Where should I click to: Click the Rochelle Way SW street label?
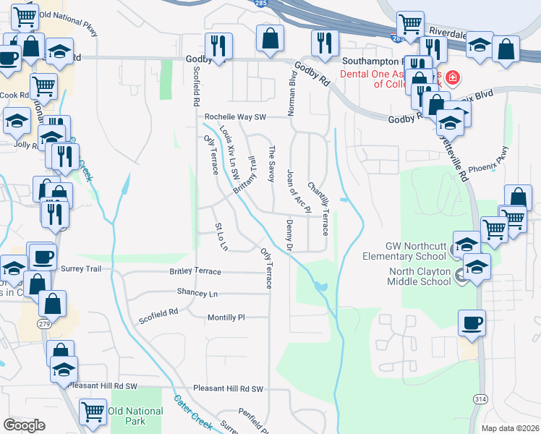tap(236, 116)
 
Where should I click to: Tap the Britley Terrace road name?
tap(195, 271)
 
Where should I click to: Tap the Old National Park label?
tap(135, 416)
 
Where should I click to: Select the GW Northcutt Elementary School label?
tap(406, 251)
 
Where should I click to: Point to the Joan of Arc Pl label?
tap(298, 192)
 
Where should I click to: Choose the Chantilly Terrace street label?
tap(319, 208)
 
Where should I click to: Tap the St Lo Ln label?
tap(221, 237)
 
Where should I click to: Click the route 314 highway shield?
tap(480, 399)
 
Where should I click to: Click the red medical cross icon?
tap(453, 77)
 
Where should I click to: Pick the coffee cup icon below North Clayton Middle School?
tap(472, 322)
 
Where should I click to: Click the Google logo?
tap(24, 425)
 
